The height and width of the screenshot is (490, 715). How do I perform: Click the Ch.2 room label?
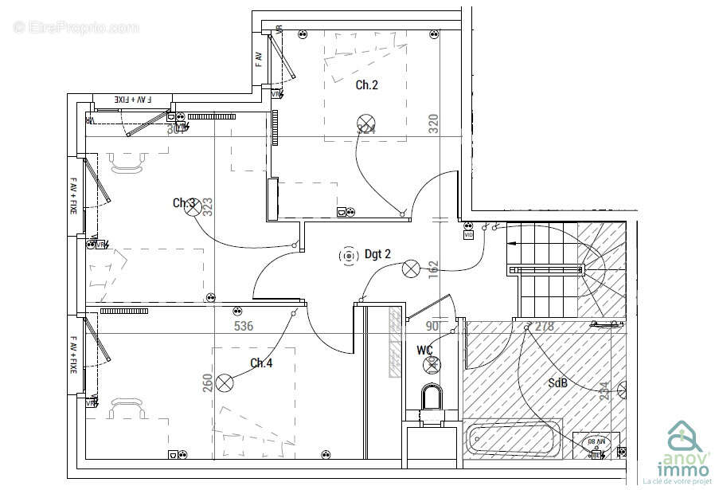point(366,85)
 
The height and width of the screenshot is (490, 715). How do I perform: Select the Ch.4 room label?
point(261,363)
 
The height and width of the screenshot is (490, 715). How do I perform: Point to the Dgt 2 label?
point(378,255)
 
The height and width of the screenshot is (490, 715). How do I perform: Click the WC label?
point(424,350)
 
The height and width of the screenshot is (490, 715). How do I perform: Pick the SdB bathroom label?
point(558,382)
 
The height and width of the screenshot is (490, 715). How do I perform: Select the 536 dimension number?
point(244,326)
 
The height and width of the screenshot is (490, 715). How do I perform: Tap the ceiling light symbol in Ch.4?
point(226,382)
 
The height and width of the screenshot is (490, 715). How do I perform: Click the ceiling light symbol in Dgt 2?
point(411,269)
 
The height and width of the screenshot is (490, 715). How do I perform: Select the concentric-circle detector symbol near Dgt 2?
point(348,256)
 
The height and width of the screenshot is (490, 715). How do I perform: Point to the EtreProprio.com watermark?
point(76,28)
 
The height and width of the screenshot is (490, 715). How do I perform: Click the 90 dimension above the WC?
point(432,326)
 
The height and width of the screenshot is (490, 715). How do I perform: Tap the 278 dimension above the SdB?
point(545,326)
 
